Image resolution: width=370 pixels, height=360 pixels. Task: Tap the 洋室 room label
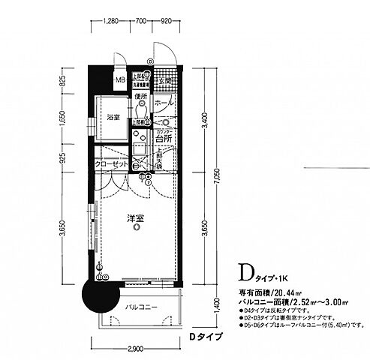coord(135,218)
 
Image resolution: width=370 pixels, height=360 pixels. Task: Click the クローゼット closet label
coord(110,166)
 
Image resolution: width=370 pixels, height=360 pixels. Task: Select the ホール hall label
coord(167,101)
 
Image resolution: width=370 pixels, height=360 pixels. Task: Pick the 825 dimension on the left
coord(63,82)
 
